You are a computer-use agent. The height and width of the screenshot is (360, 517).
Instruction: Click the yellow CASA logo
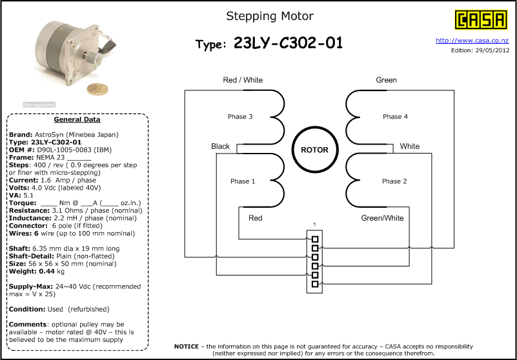pyautogui.click(x=481, y=20)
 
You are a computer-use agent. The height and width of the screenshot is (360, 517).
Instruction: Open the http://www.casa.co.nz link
pyautogui.click(x=472, y=41)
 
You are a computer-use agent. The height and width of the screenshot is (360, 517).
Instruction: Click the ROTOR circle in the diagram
pyautogui.click(x=315, y=150)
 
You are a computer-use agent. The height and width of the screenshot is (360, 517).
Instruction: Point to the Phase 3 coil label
pyautogui.click(x=240, y=117)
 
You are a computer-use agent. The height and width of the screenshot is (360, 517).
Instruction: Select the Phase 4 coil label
pyautogui.click(x=395, y=117)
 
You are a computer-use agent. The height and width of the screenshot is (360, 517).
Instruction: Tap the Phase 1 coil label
pyautogui.click(x=243, y=181)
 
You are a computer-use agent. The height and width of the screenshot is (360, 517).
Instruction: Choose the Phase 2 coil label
pyautogui.click(x=394, y=181)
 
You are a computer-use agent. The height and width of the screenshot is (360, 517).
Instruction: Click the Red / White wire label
pyautogui.click(x=243, y=80)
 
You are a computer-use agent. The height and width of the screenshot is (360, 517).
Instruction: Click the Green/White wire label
pyautogui.click(x=383, y=218)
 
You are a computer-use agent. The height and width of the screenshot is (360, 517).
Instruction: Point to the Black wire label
pyautogui.click(x=220, y=146)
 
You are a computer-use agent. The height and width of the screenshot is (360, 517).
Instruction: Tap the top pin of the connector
pyautogui.click(x=315, y=239)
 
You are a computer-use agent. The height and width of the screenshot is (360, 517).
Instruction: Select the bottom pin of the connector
pyautogui.click(x=315, y=284)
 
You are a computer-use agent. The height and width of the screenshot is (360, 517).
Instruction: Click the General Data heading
pyautogui.click(x=77, y=119)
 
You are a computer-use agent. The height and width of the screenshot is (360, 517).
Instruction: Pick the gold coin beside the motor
pyautogui.click(x=97, y=90)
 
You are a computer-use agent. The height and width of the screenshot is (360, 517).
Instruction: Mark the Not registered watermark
pyautogui.click(x=39, y=105)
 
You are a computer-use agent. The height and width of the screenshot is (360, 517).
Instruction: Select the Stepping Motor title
pyautogui.click(x=270, y=16)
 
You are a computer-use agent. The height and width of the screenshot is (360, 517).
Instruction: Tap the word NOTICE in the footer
pyautogui.click(x=187, y=346)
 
